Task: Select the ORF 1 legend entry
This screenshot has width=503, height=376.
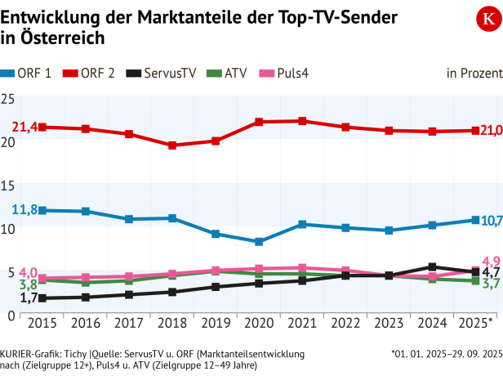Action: pos(28,74)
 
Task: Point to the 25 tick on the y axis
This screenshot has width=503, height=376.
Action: pos(8,99)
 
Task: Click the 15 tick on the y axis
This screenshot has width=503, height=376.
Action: pos(8,186)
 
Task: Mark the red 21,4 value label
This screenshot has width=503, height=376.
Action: pos(24,126)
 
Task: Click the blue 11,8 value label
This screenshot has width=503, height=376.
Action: pos(24,209)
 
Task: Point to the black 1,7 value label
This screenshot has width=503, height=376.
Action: pos(27,299)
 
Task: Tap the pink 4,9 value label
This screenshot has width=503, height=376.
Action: pos(491,261)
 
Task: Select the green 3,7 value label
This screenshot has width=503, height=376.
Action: pos(491,284)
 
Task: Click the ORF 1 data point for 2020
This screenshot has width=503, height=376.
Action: pos(237,242)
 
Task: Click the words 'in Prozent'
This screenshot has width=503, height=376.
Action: pos(474,74)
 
